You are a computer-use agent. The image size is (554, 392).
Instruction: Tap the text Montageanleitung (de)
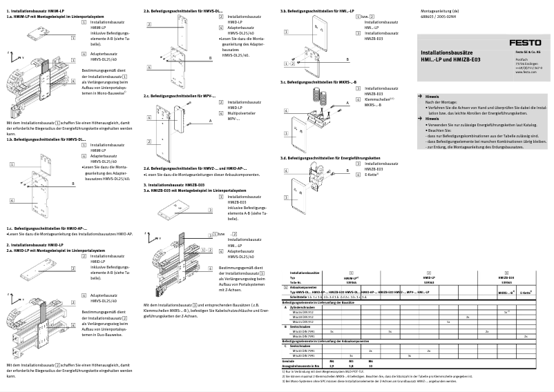441,12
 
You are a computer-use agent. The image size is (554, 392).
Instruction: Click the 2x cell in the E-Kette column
526,336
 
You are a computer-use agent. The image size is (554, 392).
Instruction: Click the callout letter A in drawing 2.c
209,120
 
